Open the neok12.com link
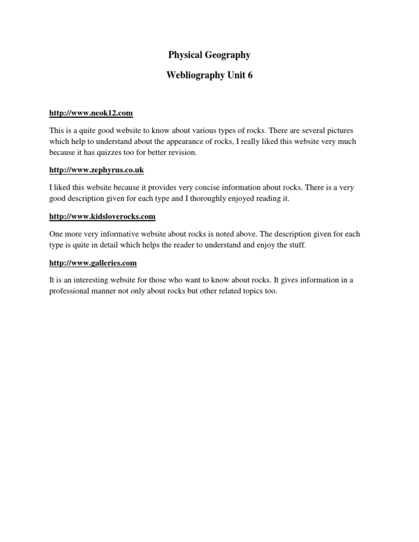click(91, 113)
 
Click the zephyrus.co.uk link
click(97, 170)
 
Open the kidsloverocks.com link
click(102, 216)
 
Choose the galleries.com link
click(93, 263)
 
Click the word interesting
click(87, 280)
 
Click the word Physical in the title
click(184, 55)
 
